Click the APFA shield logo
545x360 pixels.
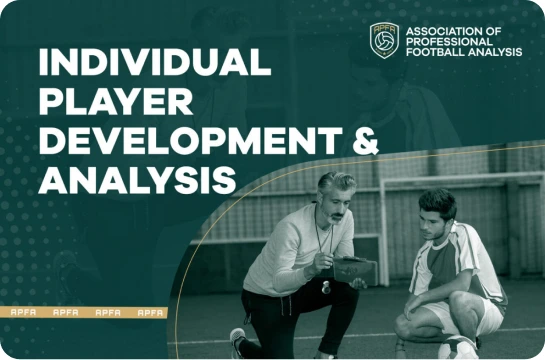coord(384,41)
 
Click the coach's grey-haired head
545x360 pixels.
coord(337,187)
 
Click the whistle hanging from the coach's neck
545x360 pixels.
coord(325,284)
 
